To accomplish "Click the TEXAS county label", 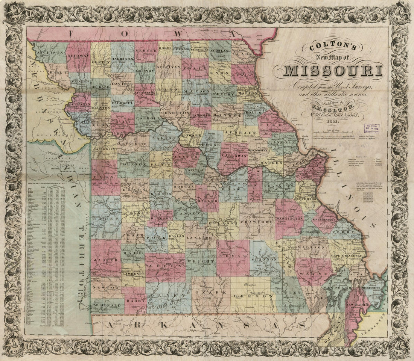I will tap(233, 256).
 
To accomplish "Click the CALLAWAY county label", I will tap(234, 155).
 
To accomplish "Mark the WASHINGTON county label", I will tap(290, 218).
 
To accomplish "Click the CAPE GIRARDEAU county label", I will tap(347, 256).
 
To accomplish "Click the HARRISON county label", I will tap(122, 59).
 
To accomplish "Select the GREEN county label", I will tap(165, 266).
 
